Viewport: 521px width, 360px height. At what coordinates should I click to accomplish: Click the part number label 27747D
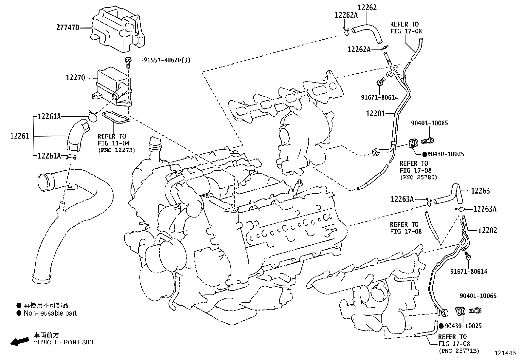pos(68,28)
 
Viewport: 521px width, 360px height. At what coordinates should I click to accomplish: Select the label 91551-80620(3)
pos(167,60)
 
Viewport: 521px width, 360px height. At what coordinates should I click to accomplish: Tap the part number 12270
pos(75,78)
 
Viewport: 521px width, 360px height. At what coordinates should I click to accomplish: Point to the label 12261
pos(20,136)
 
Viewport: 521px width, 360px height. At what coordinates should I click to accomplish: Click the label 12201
pos(375,113)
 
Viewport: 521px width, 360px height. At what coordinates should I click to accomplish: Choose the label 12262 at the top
pos(367,7)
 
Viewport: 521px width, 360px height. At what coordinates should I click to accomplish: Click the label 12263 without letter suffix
pos(480,191)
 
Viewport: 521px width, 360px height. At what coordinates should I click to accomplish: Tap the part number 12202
pos(487,230)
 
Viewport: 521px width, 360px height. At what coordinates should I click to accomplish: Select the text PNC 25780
pos(418,177)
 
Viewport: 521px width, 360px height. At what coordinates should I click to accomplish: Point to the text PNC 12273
pos(116,150)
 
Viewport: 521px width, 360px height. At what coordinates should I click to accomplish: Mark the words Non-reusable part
pos(50,313)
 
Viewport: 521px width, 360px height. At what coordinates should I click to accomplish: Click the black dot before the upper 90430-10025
pos(424,154)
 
